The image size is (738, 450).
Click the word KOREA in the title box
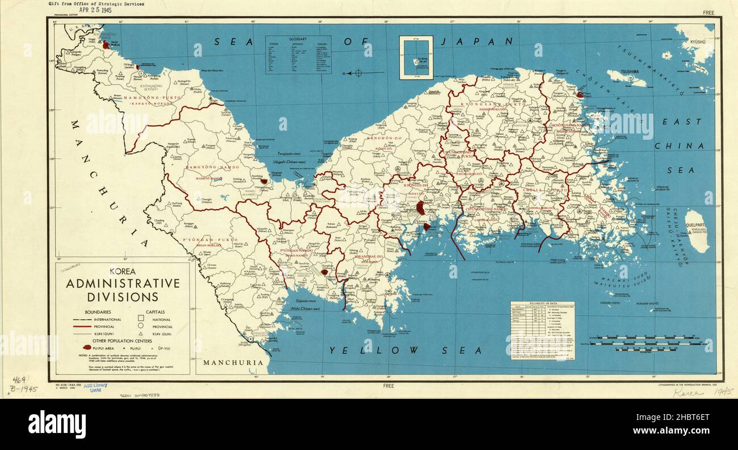(x=123, y=272)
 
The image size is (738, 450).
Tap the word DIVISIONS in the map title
(x=123, y=297)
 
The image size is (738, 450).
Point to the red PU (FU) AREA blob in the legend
(x=87, y=347)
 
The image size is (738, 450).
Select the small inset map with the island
(x=416, y=57)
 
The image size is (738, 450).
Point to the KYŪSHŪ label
(x=701, y=43)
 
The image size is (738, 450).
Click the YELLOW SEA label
(x=405, y=350)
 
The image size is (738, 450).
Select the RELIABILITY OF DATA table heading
(x=542, y=305)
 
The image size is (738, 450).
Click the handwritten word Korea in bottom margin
(x=687, y=391)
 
